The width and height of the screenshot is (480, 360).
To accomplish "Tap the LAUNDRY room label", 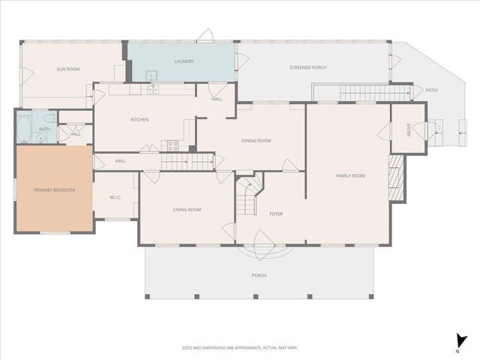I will pos(184,61).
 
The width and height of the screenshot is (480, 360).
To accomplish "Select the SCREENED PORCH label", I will pos(307,67).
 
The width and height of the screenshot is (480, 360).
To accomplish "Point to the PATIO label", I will pos(431,90).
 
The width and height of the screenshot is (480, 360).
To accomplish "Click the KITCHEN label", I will pos(139,120).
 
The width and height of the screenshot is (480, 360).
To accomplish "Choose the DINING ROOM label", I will pos(256,140).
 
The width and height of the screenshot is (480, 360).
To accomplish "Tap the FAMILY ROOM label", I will pos(349,175).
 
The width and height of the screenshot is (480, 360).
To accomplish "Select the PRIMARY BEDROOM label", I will pos(55,190).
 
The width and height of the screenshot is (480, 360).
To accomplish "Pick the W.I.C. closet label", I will pos(115,198).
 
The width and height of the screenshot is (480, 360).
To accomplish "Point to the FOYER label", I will pos(276,214).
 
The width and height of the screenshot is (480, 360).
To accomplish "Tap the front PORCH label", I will pos(259,275).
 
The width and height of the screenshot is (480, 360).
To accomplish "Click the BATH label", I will pos(45,129).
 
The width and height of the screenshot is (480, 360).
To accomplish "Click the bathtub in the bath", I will pos(23,128).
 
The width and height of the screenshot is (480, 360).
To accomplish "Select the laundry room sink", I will pos(151,75).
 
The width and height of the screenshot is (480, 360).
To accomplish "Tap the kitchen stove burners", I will pos(172,145).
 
